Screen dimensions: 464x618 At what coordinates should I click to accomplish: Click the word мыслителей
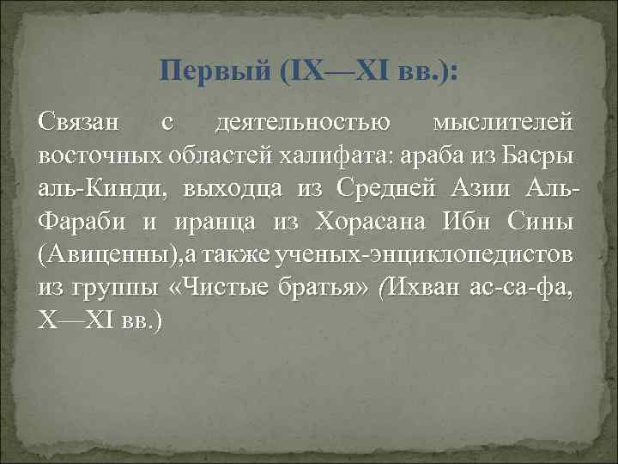[503, 124]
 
